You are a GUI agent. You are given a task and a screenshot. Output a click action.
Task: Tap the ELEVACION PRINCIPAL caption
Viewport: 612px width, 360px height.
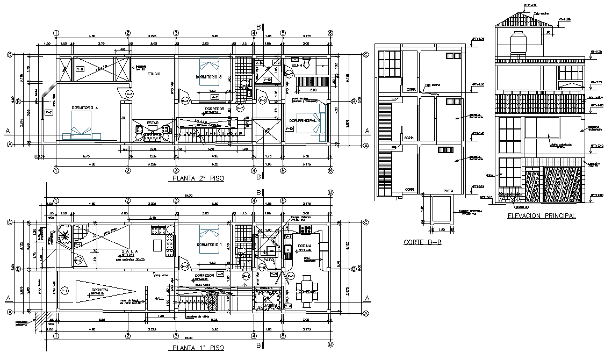coord(541,215)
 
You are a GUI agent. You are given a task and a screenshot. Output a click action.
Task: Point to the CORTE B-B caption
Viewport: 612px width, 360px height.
coord(423,242)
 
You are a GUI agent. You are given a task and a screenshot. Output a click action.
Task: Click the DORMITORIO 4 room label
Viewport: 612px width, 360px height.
coord(89,107)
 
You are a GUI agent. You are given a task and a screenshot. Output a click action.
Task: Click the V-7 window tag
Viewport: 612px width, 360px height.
coord(49,112)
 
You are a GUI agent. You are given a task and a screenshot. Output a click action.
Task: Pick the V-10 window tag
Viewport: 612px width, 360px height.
coord(288,129)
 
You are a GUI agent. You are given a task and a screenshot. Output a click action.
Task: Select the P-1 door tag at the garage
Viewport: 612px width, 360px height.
coord(64,291)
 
